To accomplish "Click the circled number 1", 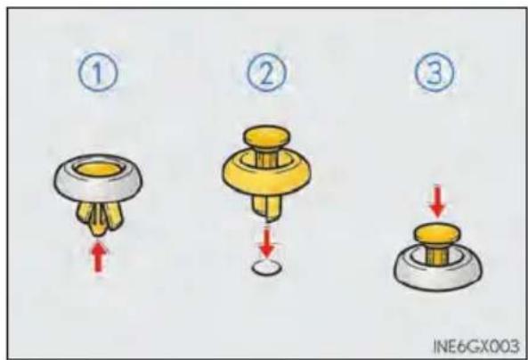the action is [x=98, y=72].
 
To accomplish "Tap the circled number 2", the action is [x=266, y=72].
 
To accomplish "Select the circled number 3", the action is [x=434, y=72].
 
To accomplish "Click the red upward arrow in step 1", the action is [x=98, y=258].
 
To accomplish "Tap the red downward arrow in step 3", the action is [x=437, y=201].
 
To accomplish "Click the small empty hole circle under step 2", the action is [x=266, y=267].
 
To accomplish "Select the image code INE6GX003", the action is [x=475, y=346].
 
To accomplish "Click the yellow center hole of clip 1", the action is [x=98, y=168].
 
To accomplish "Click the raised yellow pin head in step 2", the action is [x=267, y=135].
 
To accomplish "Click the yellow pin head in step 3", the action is [x=437, y=233].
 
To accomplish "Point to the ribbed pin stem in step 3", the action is [x=437, y=255].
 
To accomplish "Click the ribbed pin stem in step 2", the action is [x=267, y=156].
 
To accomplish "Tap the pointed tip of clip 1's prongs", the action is [x=98, y=234].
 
